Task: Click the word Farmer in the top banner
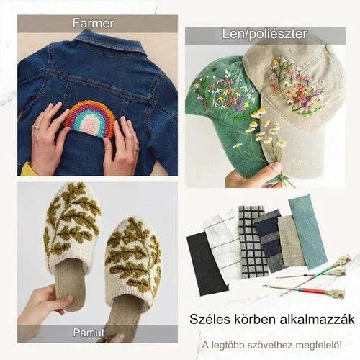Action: [x=94, y=23]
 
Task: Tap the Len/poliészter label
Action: [x=265, y=34]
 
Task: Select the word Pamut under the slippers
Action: [x=89, y=333]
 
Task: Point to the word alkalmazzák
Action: [x=318, y=319]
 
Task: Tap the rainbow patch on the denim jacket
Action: [x=90, y=119]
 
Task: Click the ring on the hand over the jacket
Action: [x=35, y=126]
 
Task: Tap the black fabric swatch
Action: [x=207, y=264]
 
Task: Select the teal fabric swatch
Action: [x=308, y=233]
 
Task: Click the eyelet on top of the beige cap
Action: [x=292, y=50]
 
